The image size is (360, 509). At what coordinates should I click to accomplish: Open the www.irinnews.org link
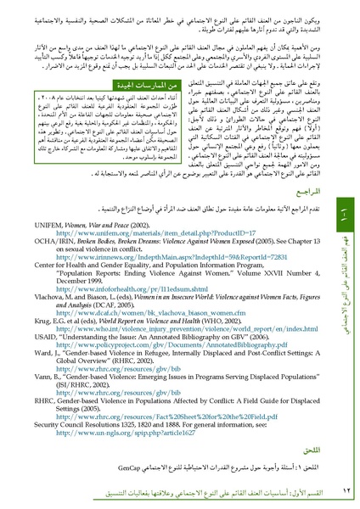coord(145,253)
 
